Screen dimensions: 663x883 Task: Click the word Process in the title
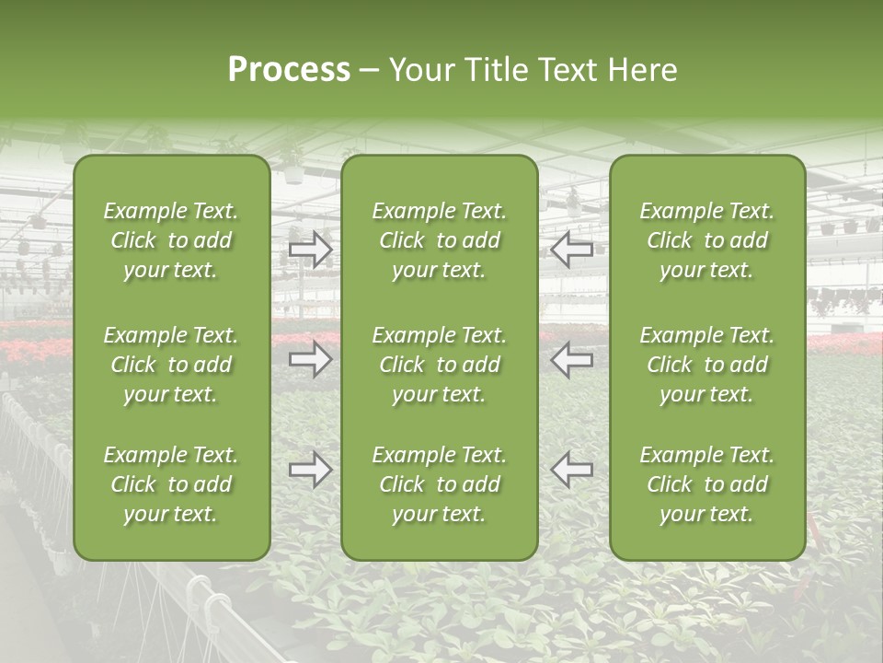tap(289, 70)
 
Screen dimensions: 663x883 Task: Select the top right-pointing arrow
tap(310, 249)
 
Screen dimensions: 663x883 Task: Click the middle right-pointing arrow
tap(310, 359)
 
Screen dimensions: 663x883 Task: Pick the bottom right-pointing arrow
tap(310, 470)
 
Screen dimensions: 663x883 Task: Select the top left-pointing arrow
tap(571, 249)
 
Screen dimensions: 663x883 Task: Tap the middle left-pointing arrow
tap(571, 359)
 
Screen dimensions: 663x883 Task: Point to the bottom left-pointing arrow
tap(571, 470)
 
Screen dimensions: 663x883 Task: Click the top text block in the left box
tap(171, 240)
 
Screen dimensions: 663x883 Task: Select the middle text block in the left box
tap(171, 365)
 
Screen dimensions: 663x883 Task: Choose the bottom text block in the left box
tap(171, 484)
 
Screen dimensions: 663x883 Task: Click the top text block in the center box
tap(440, 240)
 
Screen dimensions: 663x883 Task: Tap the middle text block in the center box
tap(440, 365)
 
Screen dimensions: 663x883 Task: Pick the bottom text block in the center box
tap(440, 484)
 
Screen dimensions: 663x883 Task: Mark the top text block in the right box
tap(707, 240)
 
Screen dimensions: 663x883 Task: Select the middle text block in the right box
tap(707, 365)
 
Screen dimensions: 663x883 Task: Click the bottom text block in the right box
tap(707, 484)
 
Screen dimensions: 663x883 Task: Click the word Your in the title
tap(419, 70)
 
